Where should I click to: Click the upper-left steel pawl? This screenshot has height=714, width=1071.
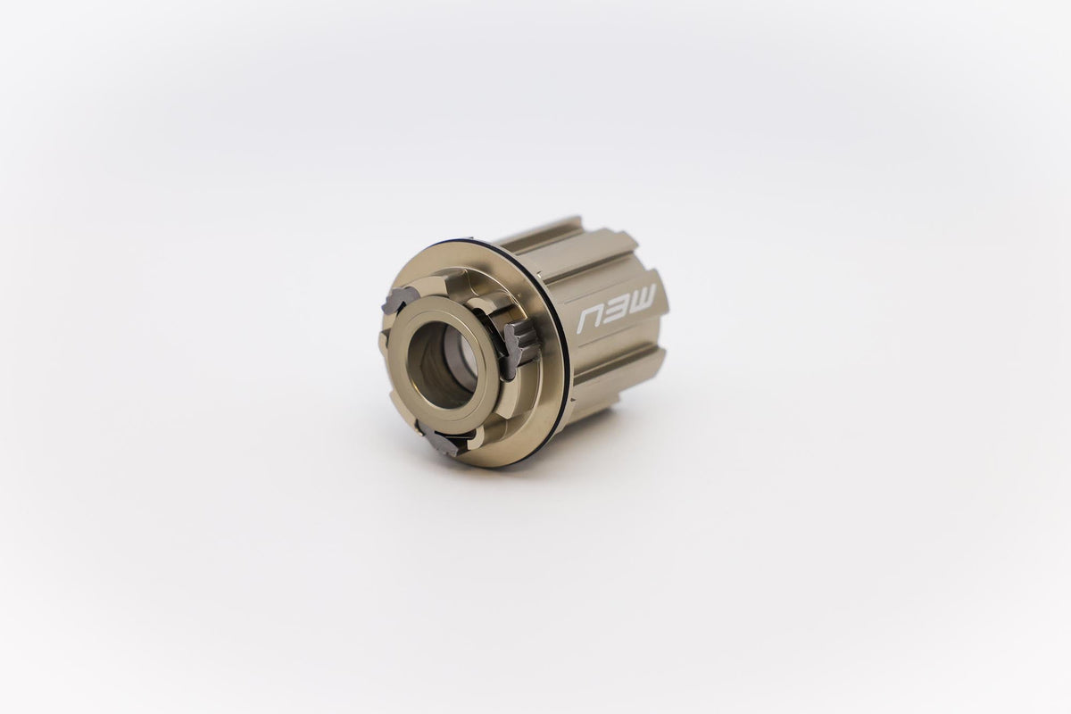(396, 301)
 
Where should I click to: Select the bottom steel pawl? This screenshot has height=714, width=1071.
(443, 438)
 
